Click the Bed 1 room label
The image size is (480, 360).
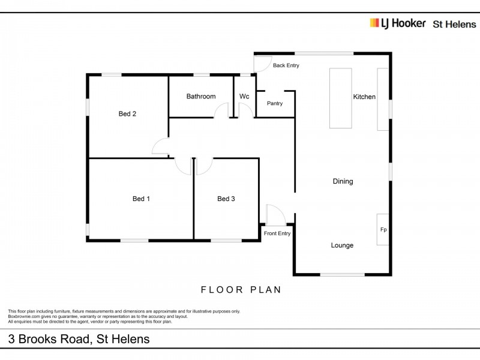point(141,199)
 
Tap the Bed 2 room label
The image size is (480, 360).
point(127,113)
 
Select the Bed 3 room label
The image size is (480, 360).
point(226,199)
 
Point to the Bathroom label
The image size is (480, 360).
point(200,96)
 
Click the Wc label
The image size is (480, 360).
point(244,96)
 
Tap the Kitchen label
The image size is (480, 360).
point(364,97)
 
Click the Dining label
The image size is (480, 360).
point(343,181)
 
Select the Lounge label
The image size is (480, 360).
point(342,245)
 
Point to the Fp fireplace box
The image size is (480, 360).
point(383,229)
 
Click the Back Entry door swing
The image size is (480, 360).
point(262,62)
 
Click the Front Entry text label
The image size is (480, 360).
point(277,233)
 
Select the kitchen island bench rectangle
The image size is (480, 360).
point(340,97)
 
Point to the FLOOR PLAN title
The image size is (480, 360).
point(241,289)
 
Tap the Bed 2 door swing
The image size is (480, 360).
point(160,146)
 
